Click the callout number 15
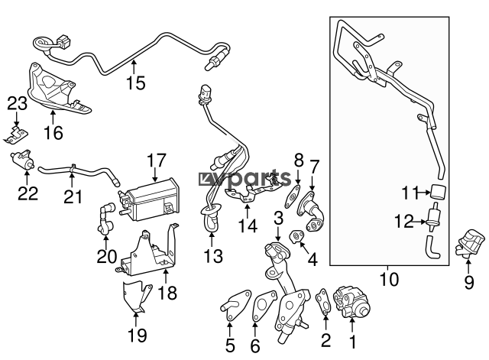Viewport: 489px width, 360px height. (x=135, y=83)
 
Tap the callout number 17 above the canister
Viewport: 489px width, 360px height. (x=156, y=161)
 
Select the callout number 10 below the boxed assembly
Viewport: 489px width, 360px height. (x=389, y=280)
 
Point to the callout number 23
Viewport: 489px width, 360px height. (x=17, y=103)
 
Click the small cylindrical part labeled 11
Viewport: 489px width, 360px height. (x=438, y=193)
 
